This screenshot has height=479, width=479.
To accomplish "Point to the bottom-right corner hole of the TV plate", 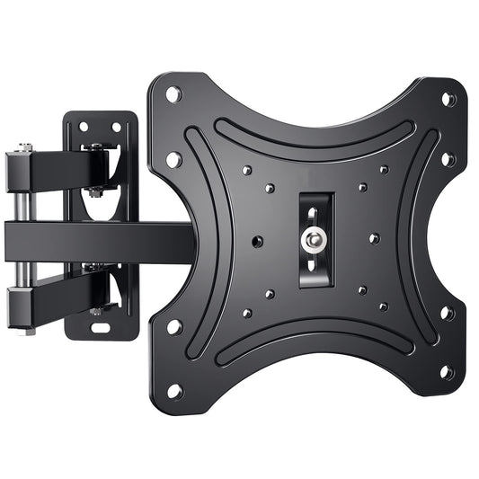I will pos(447,372).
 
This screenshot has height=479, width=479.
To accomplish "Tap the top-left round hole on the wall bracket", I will pos(84,127).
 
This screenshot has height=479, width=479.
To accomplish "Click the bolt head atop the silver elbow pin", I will pos(24,146).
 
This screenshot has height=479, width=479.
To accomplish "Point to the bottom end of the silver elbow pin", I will pos(27,331).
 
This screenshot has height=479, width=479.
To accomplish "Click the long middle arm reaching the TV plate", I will pos(99,240).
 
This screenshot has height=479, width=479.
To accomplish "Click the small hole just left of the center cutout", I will pos(258,242).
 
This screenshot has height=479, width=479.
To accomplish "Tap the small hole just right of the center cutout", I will pos(374,238).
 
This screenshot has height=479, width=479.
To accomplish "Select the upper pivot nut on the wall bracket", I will pos(95,191).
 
